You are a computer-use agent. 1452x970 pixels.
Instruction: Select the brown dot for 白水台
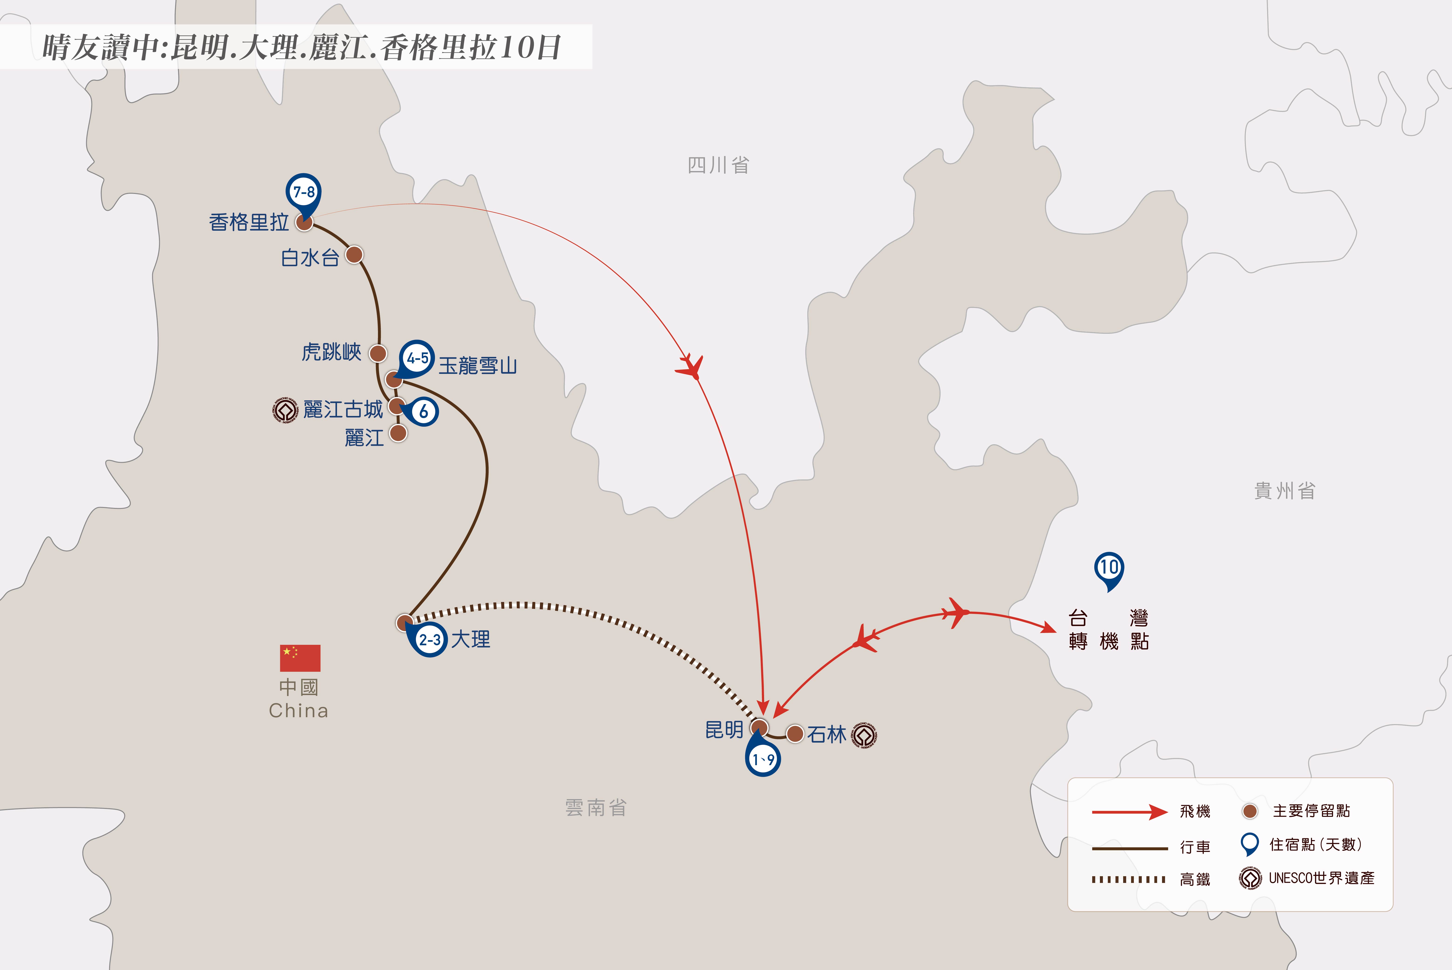pos(354,254)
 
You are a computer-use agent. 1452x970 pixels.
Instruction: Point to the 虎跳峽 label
pos(331,352)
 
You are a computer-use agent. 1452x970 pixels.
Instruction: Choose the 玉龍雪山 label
pos(477,366)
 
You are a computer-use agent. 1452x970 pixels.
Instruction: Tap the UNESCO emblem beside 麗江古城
pos(285,410)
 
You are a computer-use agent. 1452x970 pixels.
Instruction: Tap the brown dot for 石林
pos(795,734)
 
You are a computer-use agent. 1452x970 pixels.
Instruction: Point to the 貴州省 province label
pos(1284,490)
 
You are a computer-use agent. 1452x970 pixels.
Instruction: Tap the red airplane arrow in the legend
pos(1129,812)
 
